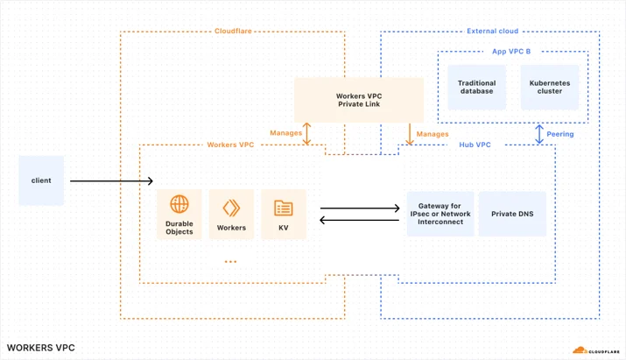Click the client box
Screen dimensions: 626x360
pyautogui.click(x=41, y=180)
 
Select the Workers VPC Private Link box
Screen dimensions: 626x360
pyautogui.click(x=359, y=100)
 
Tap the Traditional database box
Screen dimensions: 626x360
pyautogui.click(x=476, y=87)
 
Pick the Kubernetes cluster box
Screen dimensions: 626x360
pyautogui.click(x=550, y=87)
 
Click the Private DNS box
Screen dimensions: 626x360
pyautogui.click(x=512, y=214)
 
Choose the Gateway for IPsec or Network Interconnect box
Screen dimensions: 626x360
pyautogui.click(x=440, y=214)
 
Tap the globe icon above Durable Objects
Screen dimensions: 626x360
pyautogui.click(x=179, y=204)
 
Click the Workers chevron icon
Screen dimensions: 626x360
pyautogui.click(x=231, y=208)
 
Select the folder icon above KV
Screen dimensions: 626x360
pyautogui.click(x=284, y=208)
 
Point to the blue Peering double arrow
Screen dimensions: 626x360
pyautogui.click(x=539, y=134)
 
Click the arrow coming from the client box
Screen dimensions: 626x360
pyautogui.click(x=111, y=181)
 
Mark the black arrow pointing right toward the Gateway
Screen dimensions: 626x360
pyautogui.click(x=360, y=208)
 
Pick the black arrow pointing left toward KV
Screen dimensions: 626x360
pyautogui.click(x=359, y=220)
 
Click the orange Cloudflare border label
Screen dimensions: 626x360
pyautogui.click(x=233, y=32)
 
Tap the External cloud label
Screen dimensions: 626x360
pyautogui.click(x=493, y=32)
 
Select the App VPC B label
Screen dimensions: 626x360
pyautogui.click(x=511, y=52)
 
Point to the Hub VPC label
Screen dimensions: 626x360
pyautogui.click(x=475, y=145)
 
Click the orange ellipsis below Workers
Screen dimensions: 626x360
pyautogui.click(x=231, y=262)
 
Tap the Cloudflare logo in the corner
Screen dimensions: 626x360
pyautogui.click(x=596, y=350)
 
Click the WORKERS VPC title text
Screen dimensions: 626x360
pyautogui.click(x=41, y=348)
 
